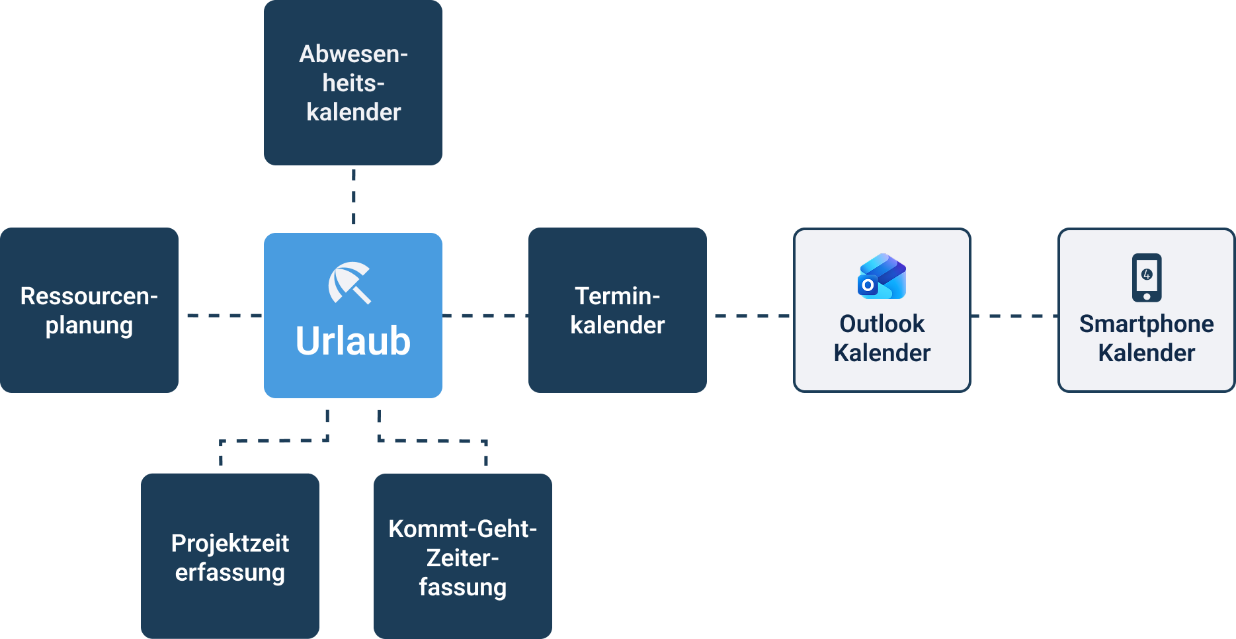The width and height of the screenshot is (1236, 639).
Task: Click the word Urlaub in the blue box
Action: click(352, 341)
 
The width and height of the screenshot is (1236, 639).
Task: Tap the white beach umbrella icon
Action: click(349, 282)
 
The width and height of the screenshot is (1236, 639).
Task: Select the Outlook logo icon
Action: click(882, 277)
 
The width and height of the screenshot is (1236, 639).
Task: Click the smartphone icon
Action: click(1146, 277)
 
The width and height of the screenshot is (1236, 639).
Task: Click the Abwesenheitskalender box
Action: click(353, 83)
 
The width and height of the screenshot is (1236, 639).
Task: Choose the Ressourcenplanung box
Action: click(89, 310)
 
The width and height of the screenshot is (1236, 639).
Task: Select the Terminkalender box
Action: click(617, 310)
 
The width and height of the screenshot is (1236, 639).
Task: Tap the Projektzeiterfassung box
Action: click(229, 556)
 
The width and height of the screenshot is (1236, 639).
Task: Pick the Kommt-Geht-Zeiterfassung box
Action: click(462, 556)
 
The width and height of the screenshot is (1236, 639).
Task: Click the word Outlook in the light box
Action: click(882, 323)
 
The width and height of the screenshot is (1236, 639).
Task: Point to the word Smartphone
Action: click(1146, 323)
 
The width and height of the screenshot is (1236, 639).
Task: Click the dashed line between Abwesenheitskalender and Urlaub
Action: click(354, 197)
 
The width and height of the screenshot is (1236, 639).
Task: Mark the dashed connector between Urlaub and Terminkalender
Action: click(485, 316)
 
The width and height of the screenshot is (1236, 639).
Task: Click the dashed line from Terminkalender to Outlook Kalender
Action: click(751, 316)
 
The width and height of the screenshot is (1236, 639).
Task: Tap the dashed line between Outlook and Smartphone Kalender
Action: click(1014, 316)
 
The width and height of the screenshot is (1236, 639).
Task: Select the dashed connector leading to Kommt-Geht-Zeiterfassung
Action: click(433, 440)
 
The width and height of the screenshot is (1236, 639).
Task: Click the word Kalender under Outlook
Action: click(882, 353)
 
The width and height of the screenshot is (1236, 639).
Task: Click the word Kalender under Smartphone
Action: click(1146, 353)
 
